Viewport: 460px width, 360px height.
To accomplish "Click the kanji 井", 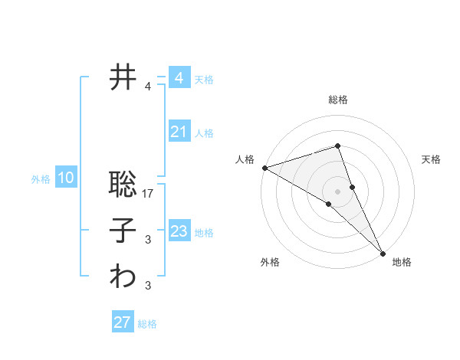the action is point(123,77).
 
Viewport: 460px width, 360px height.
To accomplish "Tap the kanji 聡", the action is point(123,185).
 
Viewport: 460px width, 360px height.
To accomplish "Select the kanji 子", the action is point(123,231).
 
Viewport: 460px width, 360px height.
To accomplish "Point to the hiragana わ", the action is point(123,277).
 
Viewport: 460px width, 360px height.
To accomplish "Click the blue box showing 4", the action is point(179,78).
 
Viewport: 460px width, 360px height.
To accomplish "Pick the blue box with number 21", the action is point(179,132).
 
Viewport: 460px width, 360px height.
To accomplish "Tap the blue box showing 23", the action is point(179,231).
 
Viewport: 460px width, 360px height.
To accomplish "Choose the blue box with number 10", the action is point(66,178).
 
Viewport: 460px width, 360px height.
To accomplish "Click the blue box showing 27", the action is point(123,322).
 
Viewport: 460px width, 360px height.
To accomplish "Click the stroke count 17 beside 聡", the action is point(149,195).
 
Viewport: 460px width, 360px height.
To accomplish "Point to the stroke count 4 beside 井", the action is point(148,87).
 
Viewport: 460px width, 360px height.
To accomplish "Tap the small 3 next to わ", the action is point(148,286).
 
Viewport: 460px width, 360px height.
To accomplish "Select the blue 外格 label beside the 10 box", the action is point(41,179).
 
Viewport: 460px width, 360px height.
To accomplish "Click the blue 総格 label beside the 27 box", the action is point(148,323).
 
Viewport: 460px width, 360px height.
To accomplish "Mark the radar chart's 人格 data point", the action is point(264,167).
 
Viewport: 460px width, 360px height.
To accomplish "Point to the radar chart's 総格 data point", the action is point(337,146).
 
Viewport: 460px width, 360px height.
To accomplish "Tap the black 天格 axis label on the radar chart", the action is point(432,159).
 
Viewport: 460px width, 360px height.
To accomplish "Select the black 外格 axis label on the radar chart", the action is point(269,262).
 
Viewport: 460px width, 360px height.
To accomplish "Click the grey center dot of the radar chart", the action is point(337,191).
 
